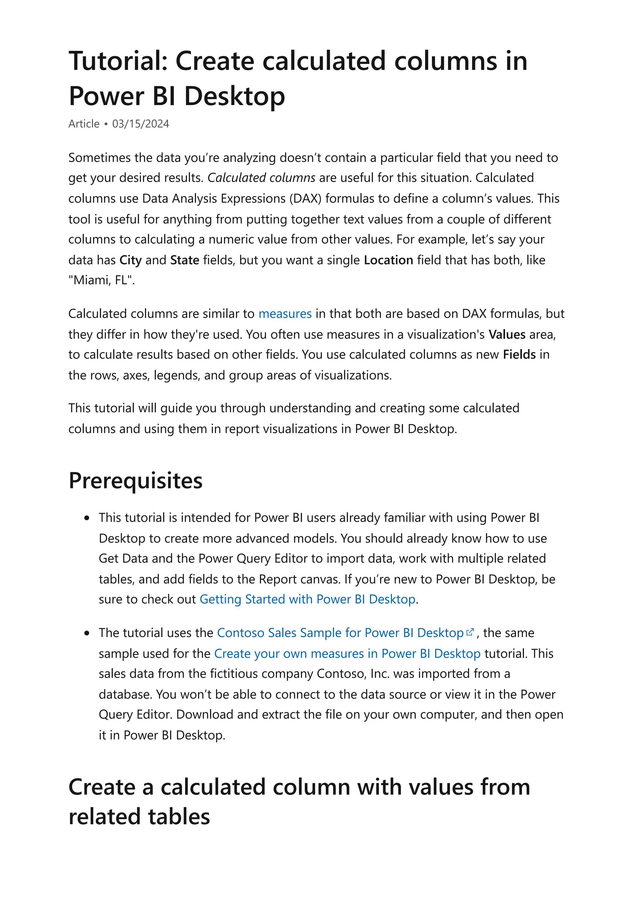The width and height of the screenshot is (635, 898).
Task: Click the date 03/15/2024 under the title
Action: tap(140, 124)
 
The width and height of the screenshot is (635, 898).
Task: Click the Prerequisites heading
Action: tap(135, 481)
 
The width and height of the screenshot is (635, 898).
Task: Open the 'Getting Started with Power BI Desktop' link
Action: tap(307, 599)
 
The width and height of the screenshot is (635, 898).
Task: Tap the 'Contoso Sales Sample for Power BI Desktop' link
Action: tap(340, 633)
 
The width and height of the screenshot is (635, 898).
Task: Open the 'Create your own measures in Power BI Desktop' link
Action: tap(347, 654)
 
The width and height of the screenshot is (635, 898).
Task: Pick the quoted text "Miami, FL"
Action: tap(101, 280)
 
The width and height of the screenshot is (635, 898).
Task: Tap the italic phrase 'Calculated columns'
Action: tap(261, 178)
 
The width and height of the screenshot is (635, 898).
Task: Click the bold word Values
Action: tap(507, 334)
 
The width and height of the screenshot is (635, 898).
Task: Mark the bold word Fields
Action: tap(519, 355)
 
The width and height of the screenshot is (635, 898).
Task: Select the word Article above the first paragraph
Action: tap(84, 124)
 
